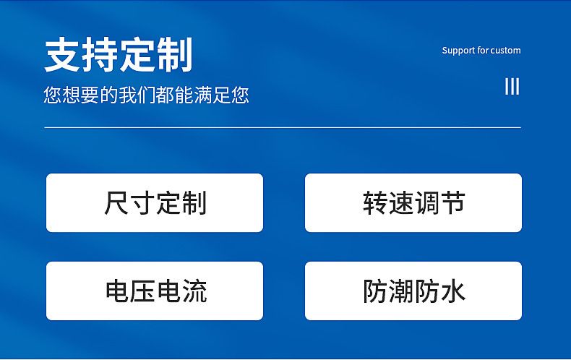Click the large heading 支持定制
click(x=119, y=55)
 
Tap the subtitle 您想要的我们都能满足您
click(x=146, y=95)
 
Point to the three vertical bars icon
click(x=512, y=86)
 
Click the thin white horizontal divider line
click(x=283, y=127)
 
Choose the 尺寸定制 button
click(x=155, y=202)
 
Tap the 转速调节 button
click(x=413, y=202)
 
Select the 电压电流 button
click(x=155, y=291)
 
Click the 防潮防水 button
click(x=413, y=291)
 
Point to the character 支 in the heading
click(x=62, y=55)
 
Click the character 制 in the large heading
click(x=175, y=55)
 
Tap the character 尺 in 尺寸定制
click(x=116, y=202)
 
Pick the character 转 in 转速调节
click(x=375, y=202)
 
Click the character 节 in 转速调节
click(x=452, y=202)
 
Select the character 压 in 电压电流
click(x=143, y=291)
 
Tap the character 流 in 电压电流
click(x=194, y=291)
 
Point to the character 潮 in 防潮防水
click(x=401, y=291)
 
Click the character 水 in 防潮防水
click(x=452, y=291)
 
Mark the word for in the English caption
click(x=484, y=50)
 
